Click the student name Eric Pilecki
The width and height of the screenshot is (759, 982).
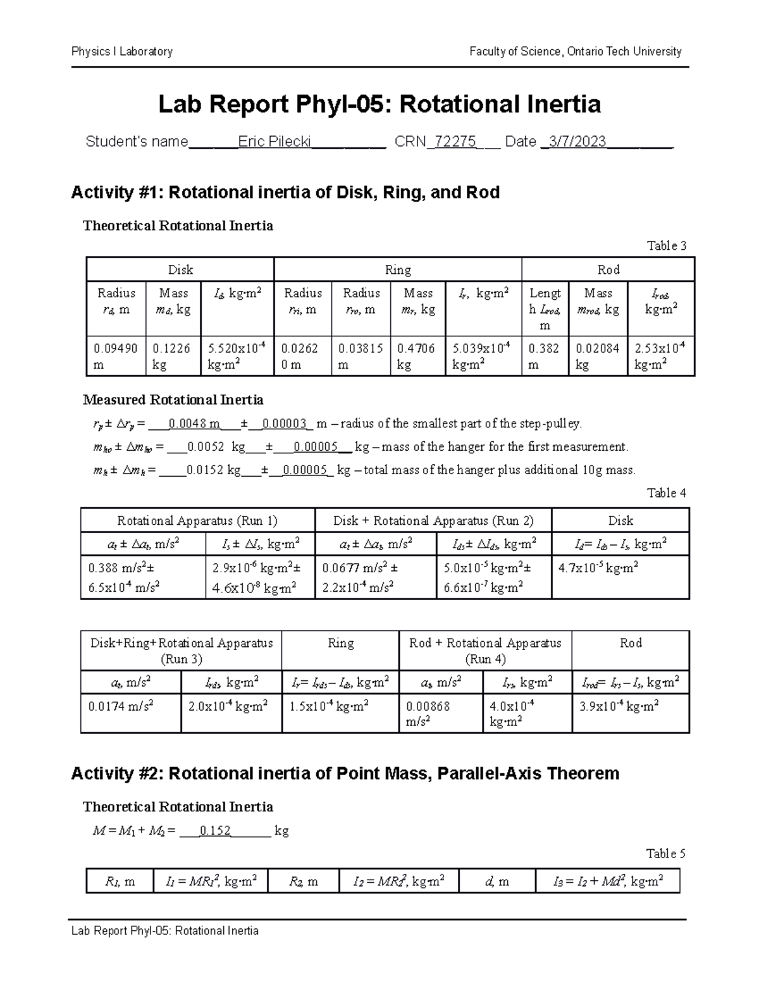coord(275,142)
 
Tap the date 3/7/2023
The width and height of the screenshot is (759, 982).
coord(577,142)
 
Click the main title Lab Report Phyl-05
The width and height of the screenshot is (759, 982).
coord(379,104)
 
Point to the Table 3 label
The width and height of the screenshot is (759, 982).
coord(665,246)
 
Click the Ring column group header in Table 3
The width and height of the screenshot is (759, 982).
coord(397,270)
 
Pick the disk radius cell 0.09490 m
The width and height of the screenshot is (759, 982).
coord(115,357)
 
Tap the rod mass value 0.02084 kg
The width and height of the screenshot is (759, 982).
coord(596,357)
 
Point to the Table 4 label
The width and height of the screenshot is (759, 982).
coord(665,493)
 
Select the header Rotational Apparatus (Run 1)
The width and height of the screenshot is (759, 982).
coord(197,521)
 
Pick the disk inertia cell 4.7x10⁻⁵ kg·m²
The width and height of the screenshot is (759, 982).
coord(598,568)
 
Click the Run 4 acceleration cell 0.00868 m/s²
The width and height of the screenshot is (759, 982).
coord(428,713)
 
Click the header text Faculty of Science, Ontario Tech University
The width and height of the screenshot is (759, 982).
coord(575,52)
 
